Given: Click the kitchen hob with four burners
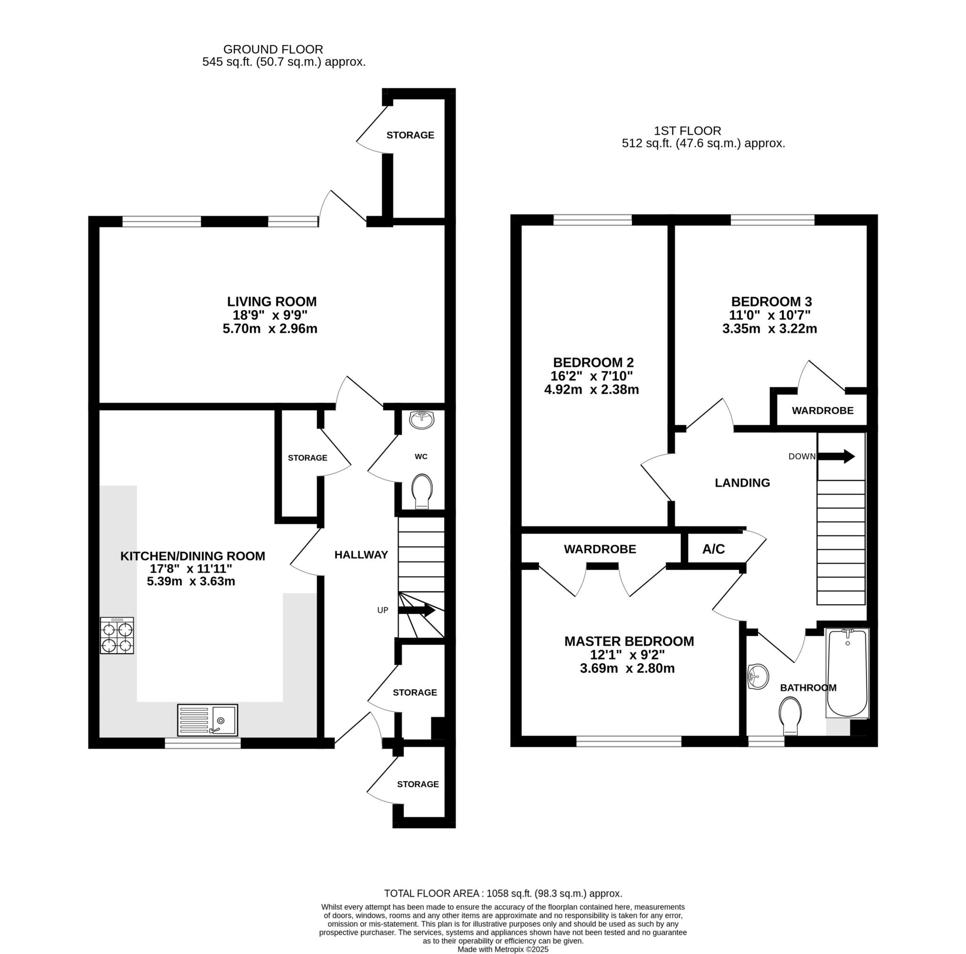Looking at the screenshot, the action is (x=117, y=635).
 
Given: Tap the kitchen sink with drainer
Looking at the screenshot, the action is (x=208, y=720).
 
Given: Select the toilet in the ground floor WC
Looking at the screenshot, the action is (x=422, y=491).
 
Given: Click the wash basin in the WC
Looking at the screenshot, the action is (x=423, y=420).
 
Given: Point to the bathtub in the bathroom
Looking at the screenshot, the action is (x=848, y=673).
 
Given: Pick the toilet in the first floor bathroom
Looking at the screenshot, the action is (x=791, y=716).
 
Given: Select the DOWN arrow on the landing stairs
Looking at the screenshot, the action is (x=836, y=456).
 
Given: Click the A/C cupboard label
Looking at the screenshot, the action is (x=714, y=549).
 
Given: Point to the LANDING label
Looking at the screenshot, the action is (x=742, y=483).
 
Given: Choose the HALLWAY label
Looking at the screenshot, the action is (x=361, y=555).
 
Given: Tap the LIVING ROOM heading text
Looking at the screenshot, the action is (x=272, y=302).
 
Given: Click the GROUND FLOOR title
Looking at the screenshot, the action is (x=273, y=49).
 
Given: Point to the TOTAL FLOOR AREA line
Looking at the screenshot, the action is (x=503, y=893).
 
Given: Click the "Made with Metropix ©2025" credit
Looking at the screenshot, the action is (x=503, y=949).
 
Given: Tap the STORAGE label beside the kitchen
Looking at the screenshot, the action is (x=308, y=458).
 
